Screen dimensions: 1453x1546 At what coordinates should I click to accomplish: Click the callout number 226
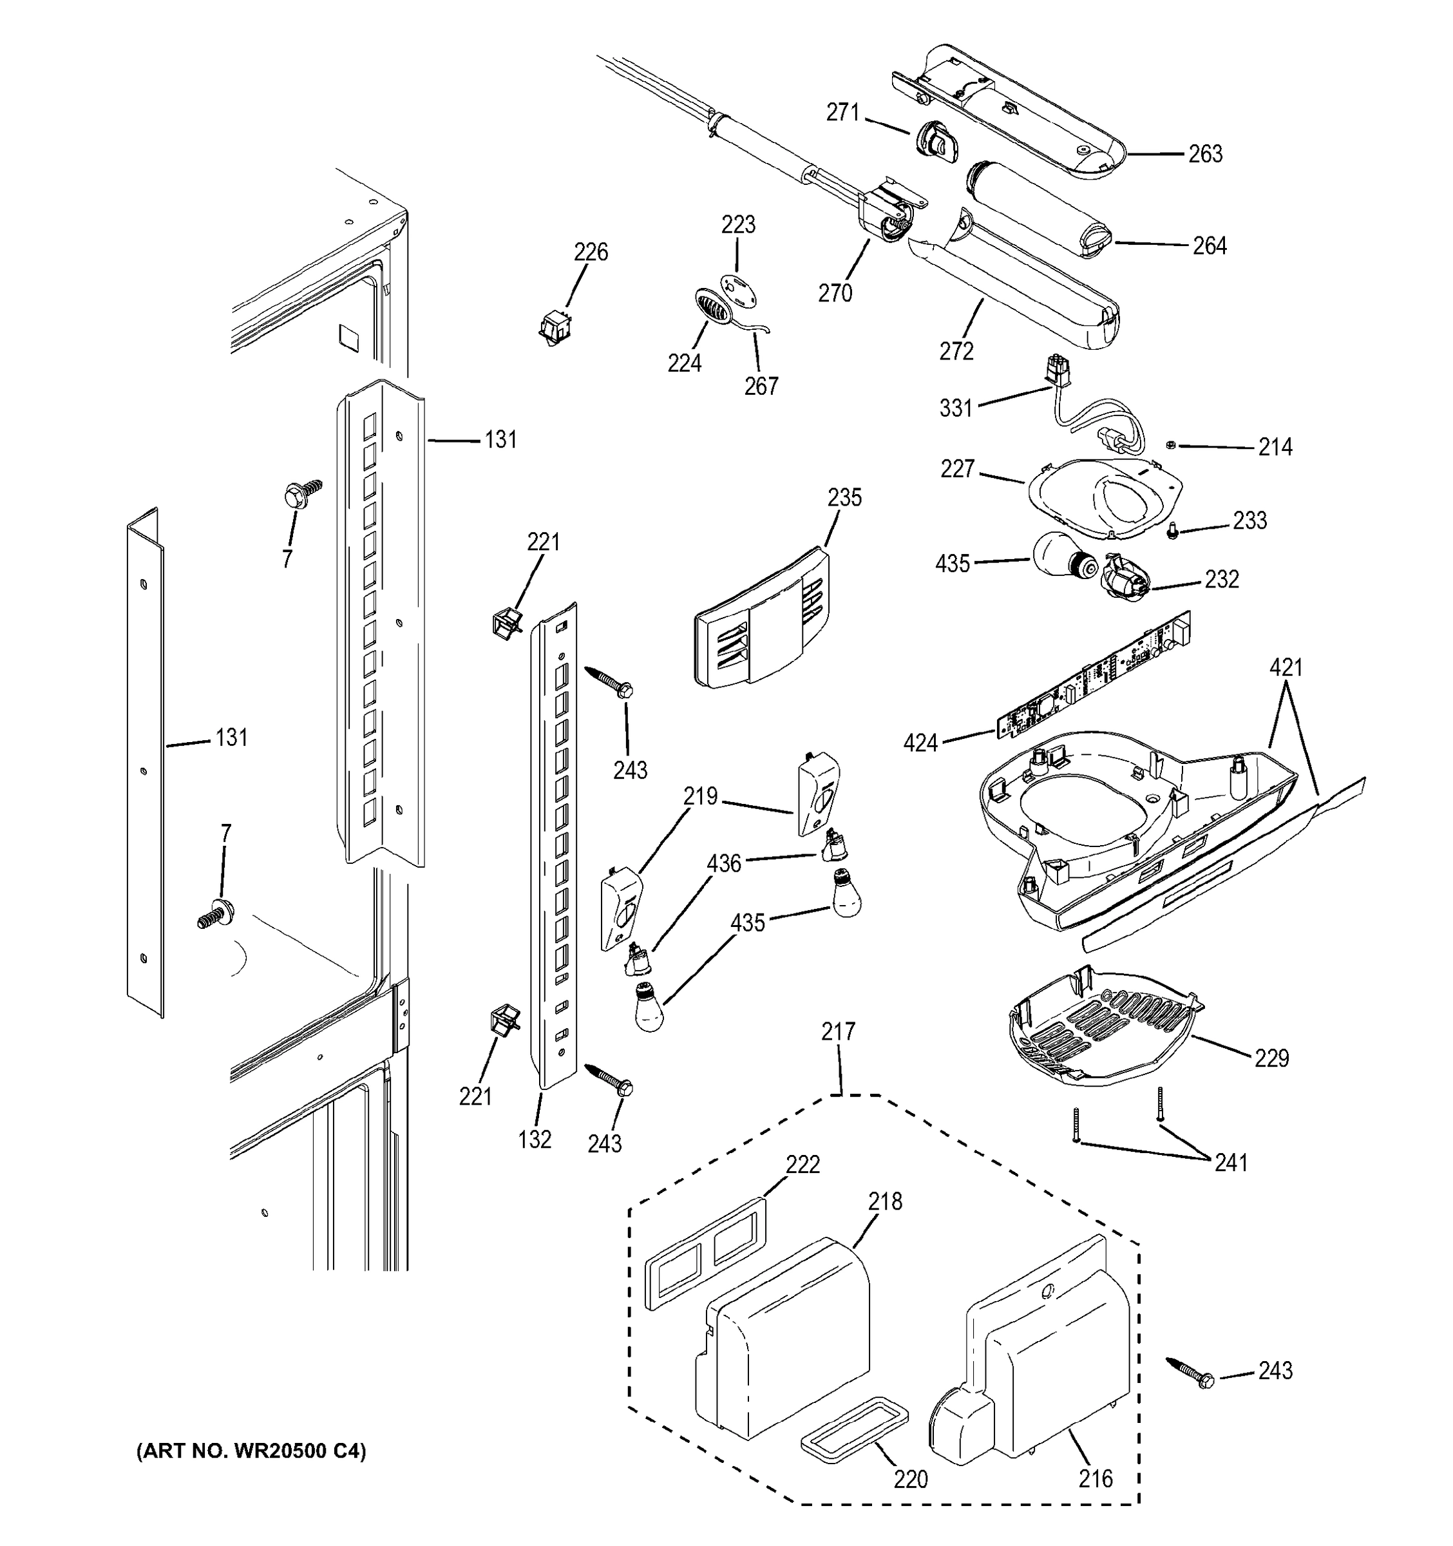(x=591, y=252)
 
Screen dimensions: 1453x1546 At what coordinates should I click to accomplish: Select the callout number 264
(x=1210, y=245)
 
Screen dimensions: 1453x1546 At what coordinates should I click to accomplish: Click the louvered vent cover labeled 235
(x=762, y=618)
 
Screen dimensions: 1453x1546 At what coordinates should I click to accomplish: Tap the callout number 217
(x=838, y=1032)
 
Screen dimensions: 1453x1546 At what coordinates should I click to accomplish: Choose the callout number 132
(x=535, y=1140)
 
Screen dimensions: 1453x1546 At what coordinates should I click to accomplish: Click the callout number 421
(x=1287, y=667)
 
